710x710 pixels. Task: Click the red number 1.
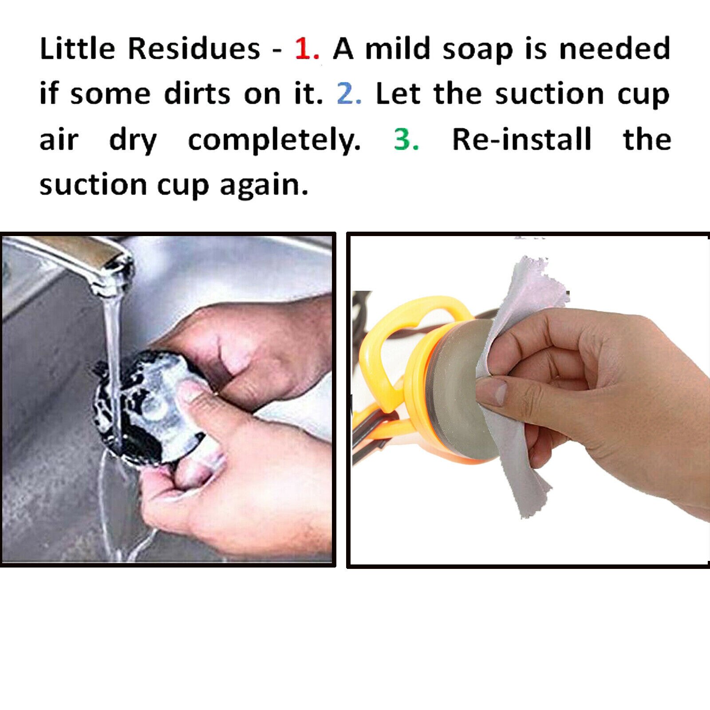point(306,49)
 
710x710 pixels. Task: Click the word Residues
point(194,49)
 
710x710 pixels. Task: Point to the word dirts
point(197,94)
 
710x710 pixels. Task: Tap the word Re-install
point(522,139)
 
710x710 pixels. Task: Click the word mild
point(398,49)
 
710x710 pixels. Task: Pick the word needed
point(615,49)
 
